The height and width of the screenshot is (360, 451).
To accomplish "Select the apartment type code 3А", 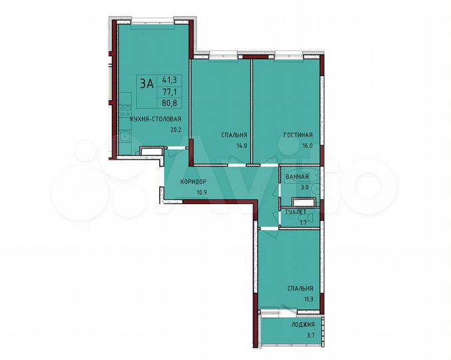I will point(146,84).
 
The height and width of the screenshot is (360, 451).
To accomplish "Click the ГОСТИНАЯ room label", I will point(297,135).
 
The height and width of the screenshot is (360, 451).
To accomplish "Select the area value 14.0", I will point(240,145).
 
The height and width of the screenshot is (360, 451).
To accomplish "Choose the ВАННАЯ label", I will point(296,177).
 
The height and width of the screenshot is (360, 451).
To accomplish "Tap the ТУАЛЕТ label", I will point(295,212).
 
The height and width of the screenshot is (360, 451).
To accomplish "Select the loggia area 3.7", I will point(308,337).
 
